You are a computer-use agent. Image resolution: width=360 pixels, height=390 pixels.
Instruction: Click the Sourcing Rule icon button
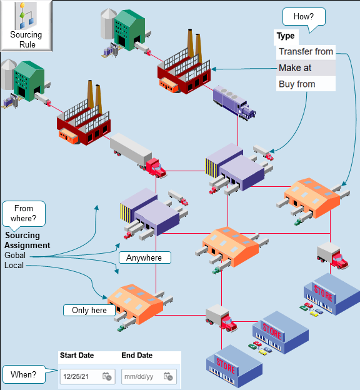pos(26,26)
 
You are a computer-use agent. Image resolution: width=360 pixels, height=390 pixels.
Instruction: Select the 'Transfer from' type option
pos(306,52)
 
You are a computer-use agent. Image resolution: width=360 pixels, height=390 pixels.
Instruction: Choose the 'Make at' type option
pos(306,67)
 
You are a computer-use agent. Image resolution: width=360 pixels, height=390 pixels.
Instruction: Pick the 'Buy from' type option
pos(306,84)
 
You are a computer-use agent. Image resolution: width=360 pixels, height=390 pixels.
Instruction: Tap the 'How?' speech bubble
pos(303,16)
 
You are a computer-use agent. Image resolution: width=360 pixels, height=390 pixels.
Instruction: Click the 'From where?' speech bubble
pos(24,213)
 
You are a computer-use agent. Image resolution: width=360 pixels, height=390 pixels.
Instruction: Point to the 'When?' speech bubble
pos(23,375)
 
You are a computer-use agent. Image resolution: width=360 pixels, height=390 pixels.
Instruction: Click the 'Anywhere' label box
pos(144,257)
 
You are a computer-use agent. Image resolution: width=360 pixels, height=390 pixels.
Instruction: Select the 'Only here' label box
pos(89,310)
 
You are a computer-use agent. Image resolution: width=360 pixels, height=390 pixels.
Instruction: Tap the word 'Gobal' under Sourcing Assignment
pos(16,256)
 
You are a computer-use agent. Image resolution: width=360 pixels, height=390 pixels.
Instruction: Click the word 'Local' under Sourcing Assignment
pos(14,266)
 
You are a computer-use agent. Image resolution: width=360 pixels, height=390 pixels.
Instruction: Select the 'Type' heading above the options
pos(286,36)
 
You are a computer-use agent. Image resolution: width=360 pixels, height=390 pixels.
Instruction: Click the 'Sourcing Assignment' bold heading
pos(27,241)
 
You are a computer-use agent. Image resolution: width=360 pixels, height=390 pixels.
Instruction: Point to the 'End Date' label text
pos(137,356)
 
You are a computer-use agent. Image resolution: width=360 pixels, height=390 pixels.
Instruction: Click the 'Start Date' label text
pos(77,356)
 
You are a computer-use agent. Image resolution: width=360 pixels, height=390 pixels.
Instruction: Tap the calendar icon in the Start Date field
pos(107,376)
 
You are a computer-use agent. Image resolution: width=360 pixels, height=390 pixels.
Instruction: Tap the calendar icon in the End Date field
pos(168,376)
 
